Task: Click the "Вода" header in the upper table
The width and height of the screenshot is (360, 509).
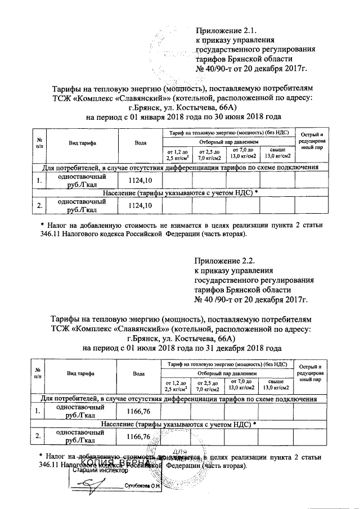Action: tap(141, 143)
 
